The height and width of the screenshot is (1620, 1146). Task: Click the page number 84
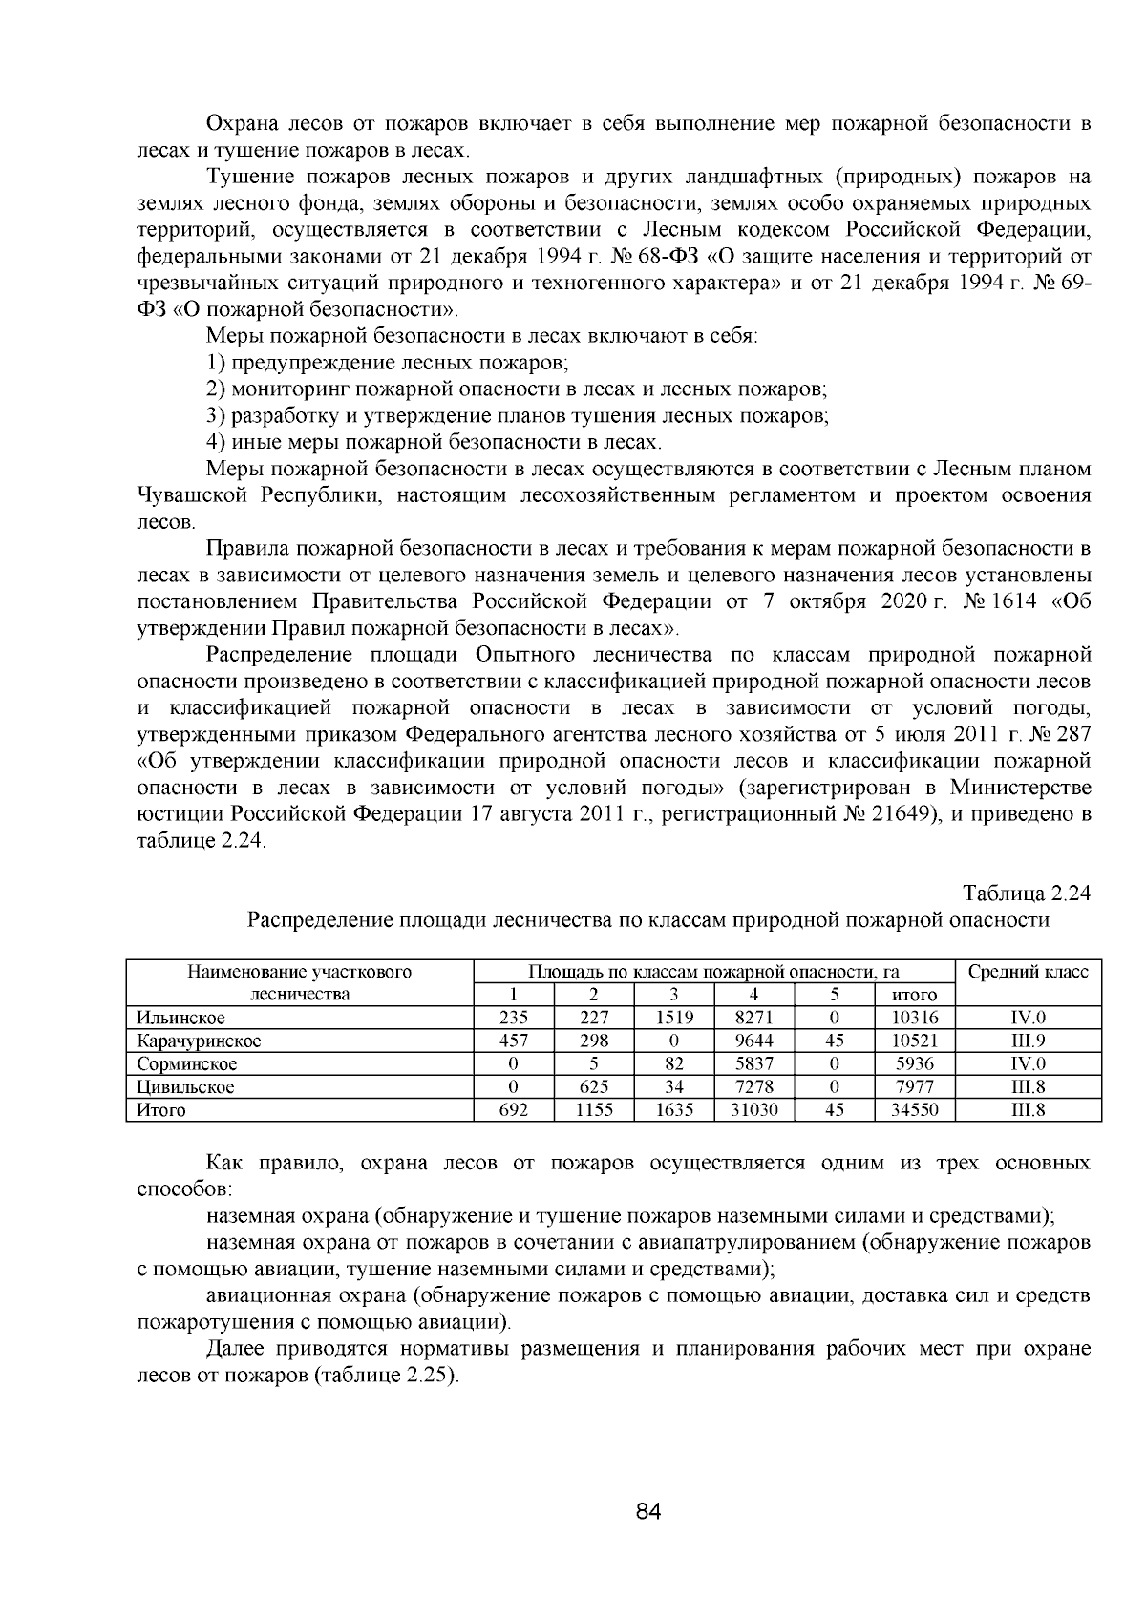(647, 1511)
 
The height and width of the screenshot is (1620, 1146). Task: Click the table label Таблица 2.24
(1026, 894)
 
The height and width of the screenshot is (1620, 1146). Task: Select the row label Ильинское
(181, 1018)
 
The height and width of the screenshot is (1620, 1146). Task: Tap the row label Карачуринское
(199, 1041)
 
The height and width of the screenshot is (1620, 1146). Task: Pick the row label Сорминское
(186, 1063)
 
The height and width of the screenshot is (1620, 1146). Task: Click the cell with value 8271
(753, 1018)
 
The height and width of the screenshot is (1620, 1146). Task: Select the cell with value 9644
(753, 1041)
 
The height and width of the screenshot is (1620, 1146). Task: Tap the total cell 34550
(914, 1109)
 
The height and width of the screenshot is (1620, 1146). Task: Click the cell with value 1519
(673, 1018)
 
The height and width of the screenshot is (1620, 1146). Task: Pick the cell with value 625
(593, 1086)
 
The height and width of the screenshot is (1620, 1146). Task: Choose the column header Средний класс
(1028, 972)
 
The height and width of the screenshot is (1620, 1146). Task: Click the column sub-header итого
(914, 995)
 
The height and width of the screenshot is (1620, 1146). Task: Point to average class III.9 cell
(1028, 1041)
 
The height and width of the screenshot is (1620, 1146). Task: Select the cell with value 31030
(753, 1109)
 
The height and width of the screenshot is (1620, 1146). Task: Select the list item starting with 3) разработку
(517, 415)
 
